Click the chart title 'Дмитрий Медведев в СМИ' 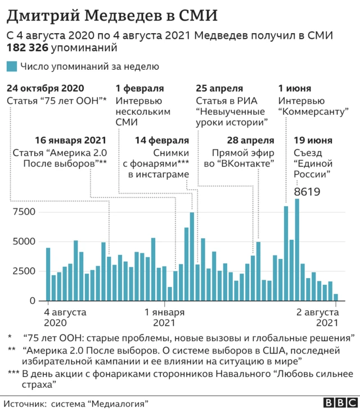(112, 15)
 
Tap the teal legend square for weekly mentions (11, 66)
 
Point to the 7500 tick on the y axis (25, 212)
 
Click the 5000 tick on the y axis (25, 241)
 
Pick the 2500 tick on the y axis (25, 271)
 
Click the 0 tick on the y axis (32, 301)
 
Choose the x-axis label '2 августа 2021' (318, 317)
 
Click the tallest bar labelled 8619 (297, 250)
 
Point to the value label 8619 (307, 192)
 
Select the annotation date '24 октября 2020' (46, 88)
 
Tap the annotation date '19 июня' (313, 140)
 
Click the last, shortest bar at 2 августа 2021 (336, 297)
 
